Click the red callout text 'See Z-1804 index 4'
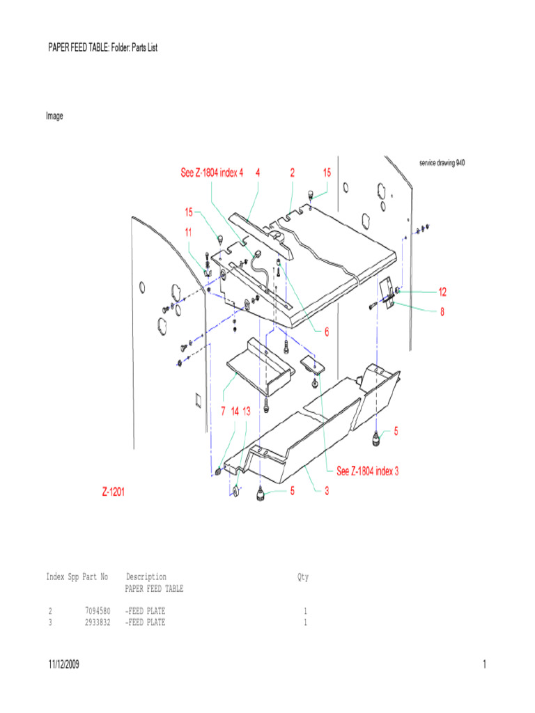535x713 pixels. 212,173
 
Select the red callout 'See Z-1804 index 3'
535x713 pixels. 367,471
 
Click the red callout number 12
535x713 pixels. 442,291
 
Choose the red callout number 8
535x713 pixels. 441,312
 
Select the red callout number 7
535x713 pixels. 223,412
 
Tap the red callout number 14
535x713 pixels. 235,412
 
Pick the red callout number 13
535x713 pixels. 247,412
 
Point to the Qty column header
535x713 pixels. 303,577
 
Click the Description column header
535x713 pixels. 146,577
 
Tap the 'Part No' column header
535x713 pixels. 95,577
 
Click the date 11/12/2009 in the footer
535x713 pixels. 63,665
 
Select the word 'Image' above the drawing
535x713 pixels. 54,116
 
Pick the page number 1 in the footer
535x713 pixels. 483,665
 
